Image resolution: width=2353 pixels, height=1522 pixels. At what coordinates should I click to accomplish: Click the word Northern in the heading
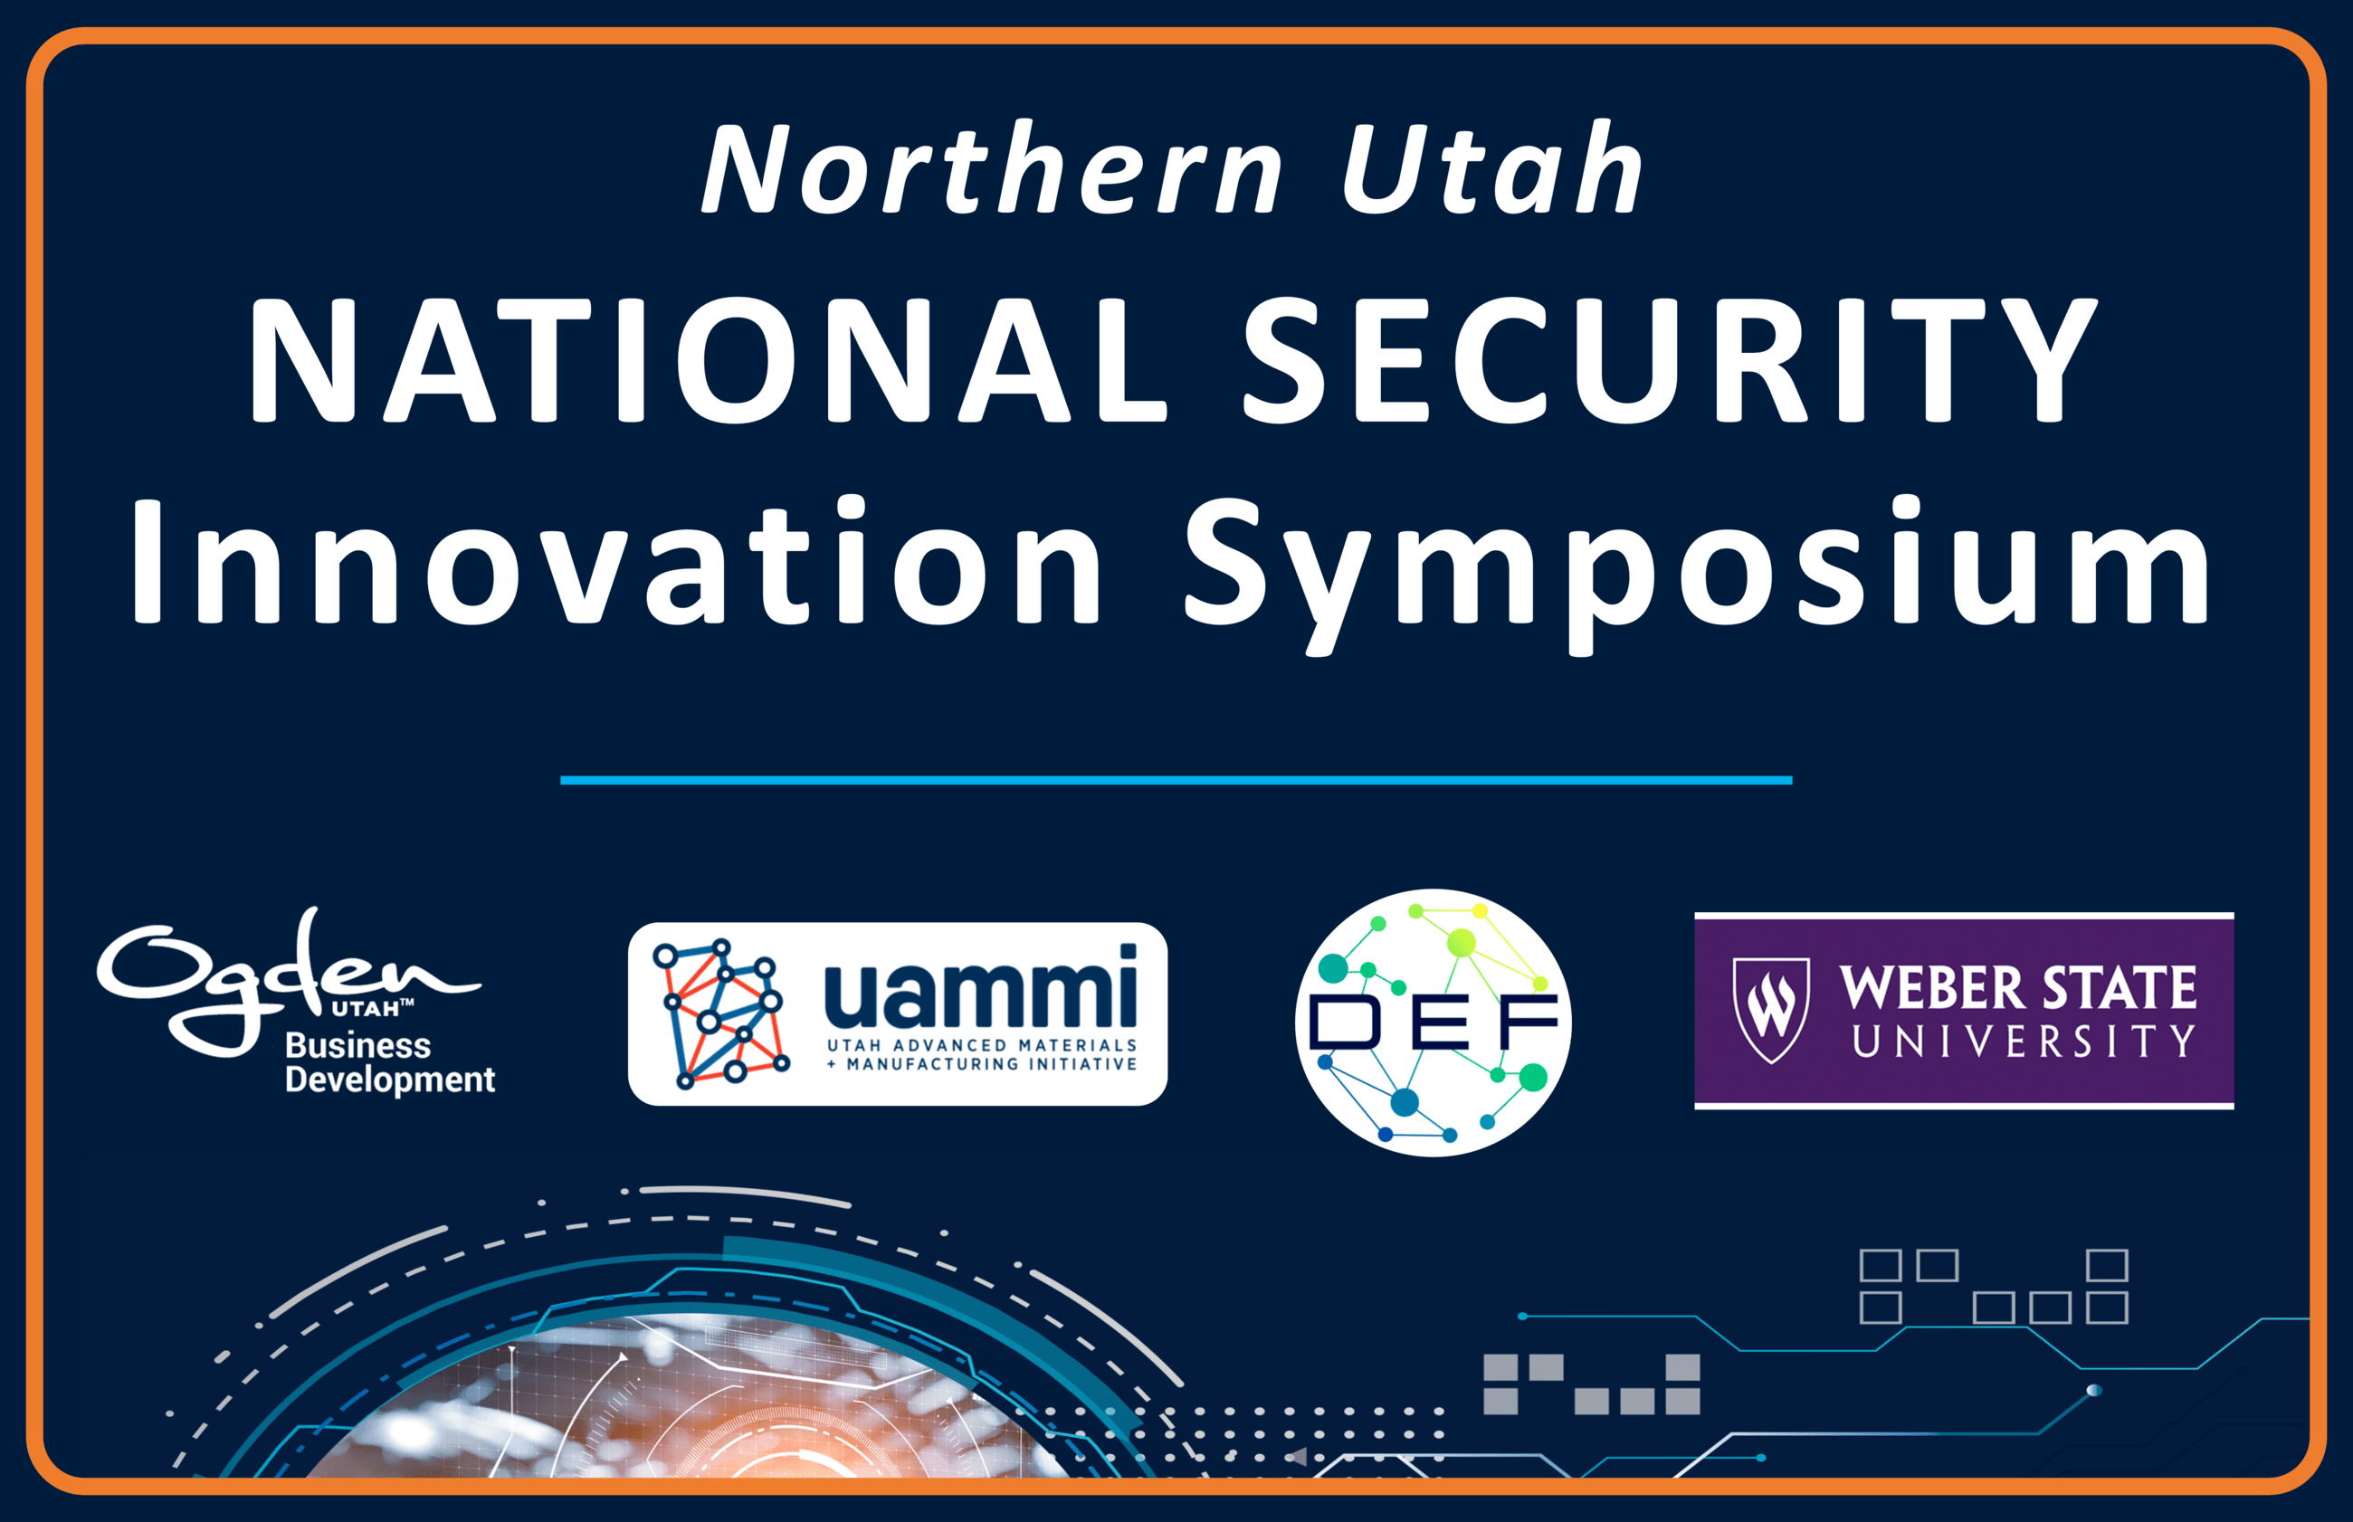pyautogui.click(x=992, y=167)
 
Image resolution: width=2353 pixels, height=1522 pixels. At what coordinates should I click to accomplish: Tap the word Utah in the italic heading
pyautogui.click(x=1492, y=167)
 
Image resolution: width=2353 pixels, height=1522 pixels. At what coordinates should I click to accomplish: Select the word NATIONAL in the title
pyautogui.click(x=709, y=360)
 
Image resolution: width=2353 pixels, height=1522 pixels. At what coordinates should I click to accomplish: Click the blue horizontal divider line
pyautogui.click(x=1176, y=780)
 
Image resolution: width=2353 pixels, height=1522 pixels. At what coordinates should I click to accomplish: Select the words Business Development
pyautogui.click(x=389, y=1062)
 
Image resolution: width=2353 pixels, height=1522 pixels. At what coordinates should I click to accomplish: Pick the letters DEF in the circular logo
pyautogui.click(x=1433, y=1021)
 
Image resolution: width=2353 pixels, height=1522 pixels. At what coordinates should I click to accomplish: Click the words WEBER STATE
pyautogui.click(x=2017, y=987)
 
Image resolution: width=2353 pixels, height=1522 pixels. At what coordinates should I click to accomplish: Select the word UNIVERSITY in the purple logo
pyautogui.click(x=2023, y=1041)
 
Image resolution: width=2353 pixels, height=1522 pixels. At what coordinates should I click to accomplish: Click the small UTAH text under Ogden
pyautogui.click(x=366, y=1009)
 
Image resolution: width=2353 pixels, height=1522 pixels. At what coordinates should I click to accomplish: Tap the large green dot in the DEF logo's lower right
pyautogui.click(x=1533, y=1078)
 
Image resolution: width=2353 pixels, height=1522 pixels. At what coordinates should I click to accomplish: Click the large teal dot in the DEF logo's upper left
pyautogui.click(x=1333, y=968)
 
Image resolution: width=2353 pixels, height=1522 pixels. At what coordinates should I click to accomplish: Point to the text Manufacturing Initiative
pyautogui.click(x=991, y=1063)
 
